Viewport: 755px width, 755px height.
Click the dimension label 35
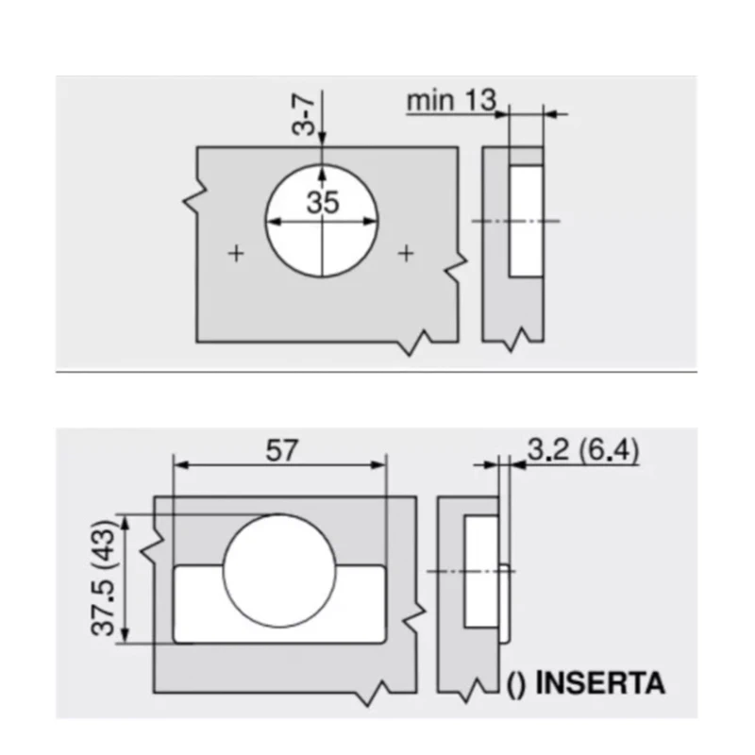point(323,202)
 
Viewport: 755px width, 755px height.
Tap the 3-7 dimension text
point(304,114)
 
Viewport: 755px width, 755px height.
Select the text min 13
point(451,101)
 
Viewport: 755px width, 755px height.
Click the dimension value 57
point(281,451)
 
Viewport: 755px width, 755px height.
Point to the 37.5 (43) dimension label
point(103,578)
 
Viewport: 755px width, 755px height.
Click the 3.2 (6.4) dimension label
point(583,450)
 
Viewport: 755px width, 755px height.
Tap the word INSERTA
point(600,682)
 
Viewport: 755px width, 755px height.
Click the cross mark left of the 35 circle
point(236,253)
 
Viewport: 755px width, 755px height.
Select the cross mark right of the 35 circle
point(407,253)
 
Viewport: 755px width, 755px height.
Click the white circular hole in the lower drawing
point(279,571)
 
